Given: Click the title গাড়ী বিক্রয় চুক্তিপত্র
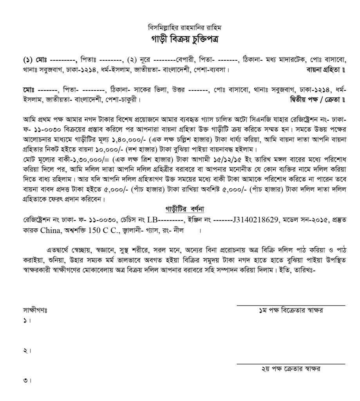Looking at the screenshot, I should click(179, 39).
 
